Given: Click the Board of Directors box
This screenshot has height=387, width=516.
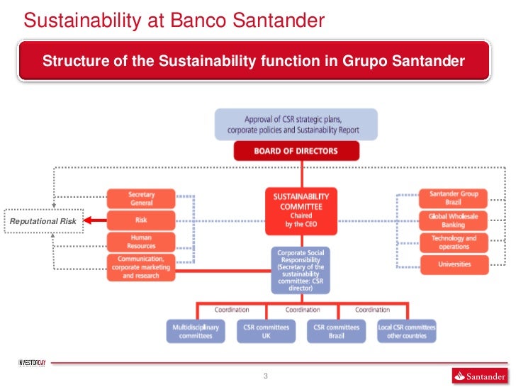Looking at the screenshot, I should [x=296, y=151].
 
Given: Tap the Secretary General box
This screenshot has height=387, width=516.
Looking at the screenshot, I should [x=141, y=198].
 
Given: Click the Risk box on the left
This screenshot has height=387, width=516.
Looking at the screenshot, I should [x=141, y=220].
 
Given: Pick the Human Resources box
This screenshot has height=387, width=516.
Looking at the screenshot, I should [x=141, y=241].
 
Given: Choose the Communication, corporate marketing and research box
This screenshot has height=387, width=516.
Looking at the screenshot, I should [x=141, y=267].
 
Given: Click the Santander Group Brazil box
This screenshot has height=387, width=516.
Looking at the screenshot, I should [x=454, y=198].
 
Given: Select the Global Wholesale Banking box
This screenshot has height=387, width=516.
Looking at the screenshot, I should [x=454, y=220].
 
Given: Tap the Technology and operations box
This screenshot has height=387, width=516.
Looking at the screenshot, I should [x=454, y=242].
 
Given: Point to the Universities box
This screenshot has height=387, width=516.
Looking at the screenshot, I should [x=454, y=264].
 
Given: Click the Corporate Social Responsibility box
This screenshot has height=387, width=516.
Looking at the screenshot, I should [x=301, y=270].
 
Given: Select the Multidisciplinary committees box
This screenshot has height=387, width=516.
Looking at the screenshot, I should [x=196, y=331].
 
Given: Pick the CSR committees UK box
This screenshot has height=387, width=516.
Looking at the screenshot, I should [x=267, y=331].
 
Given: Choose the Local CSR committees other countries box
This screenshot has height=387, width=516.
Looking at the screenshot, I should [x=406, y=331].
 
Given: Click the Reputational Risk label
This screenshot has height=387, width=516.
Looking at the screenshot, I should [x=43, y=222].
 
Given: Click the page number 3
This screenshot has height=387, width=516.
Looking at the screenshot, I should [x=265, y=376].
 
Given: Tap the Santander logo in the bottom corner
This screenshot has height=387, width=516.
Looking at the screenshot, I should [x=478, y=376].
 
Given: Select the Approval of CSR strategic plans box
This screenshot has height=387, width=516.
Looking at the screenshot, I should [x=296, y=125].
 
